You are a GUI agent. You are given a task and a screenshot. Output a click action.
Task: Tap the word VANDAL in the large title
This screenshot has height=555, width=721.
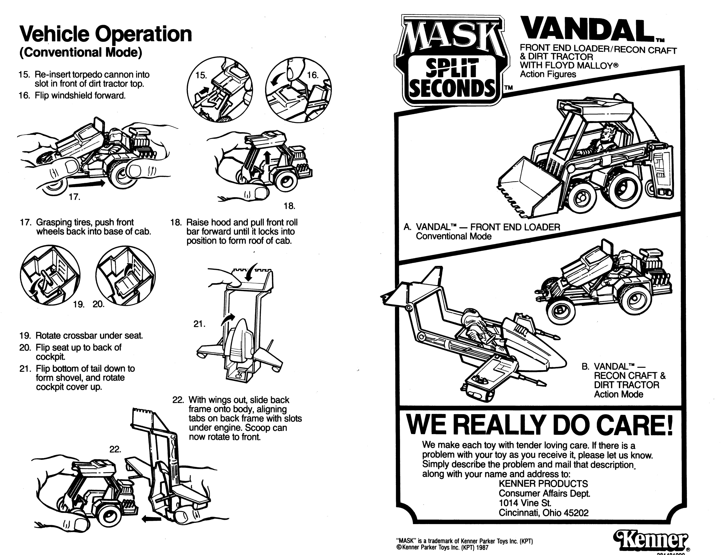click(584, 30)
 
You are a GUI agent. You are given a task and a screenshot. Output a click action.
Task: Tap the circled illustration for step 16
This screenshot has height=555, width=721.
click(299, 89)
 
